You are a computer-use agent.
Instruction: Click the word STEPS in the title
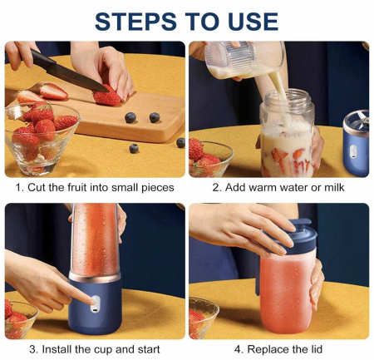coord(135,22)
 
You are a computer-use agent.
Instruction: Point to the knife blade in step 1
coord(77,78)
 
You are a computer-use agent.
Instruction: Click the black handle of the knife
coord(42,59)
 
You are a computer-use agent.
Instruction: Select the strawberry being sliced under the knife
coord(107,96)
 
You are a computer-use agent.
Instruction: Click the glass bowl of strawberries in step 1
coord(42,138)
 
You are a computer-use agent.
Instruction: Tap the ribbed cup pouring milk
coord(245,59)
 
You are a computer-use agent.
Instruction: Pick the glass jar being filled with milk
coord(287,134)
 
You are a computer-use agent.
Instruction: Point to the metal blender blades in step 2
coord(362,120)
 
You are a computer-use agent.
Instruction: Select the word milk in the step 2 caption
coord(334,187)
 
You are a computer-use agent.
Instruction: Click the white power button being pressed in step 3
coord(95,304)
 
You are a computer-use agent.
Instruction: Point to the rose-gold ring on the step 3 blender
coord(95,278)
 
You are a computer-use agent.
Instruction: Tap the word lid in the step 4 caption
coord(316,349)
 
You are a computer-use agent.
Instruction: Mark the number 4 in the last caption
coord(238,349)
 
